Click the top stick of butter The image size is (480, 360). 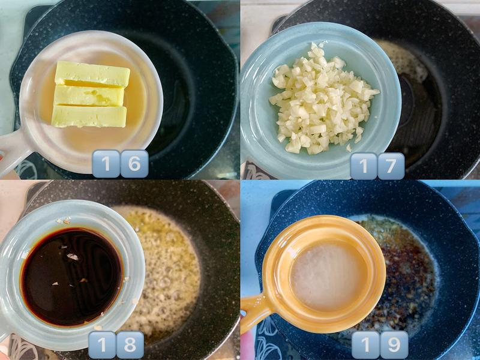tap(92, 74)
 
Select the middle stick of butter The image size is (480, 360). tap(89, 96)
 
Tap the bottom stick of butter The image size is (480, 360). tap(89, 116)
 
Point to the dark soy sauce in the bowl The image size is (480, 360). tap(71, 277)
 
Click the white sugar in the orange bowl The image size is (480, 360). tap(329, 277)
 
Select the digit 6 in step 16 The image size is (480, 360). tap(134, 164)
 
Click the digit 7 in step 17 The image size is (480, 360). tap(391, 166)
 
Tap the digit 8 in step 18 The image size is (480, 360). tap(130, 345)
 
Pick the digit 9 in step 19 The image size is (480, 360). tap(394, 344)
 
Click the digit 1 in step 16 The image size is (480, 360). tap(106, 164)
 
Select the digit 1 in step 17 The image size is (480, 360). tap(364, 166)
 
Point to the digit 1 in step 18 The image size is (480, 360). tap(102, 345)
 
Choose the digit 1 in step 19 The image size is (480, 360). tap(366, 344)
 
